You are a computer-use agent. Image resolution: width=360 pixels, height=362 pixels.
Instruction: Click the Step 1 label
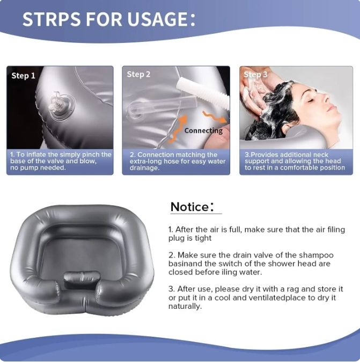pyautogui.click(x=23, y=76)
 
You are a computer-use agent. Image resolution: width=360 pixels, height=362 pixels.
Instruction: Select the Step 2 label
pyautogui.click(x=138, y=74)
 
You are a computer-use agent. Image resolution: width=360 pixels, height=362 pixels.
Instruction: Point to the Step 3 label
pyautogui.click(x=255, y=75)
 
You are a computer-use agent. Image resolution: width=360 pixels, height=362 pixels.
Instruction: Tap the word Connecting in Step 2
pyautogui.click(x=203, y=131)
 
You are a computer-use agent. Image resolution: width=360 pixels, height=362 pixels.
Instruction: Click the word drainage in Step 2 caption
pyautogui.click(x=145, y=168)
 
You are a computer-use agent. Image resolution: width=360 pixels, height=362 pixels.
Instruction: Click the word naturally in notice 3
pyautogui.click(x=185, y=307)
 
